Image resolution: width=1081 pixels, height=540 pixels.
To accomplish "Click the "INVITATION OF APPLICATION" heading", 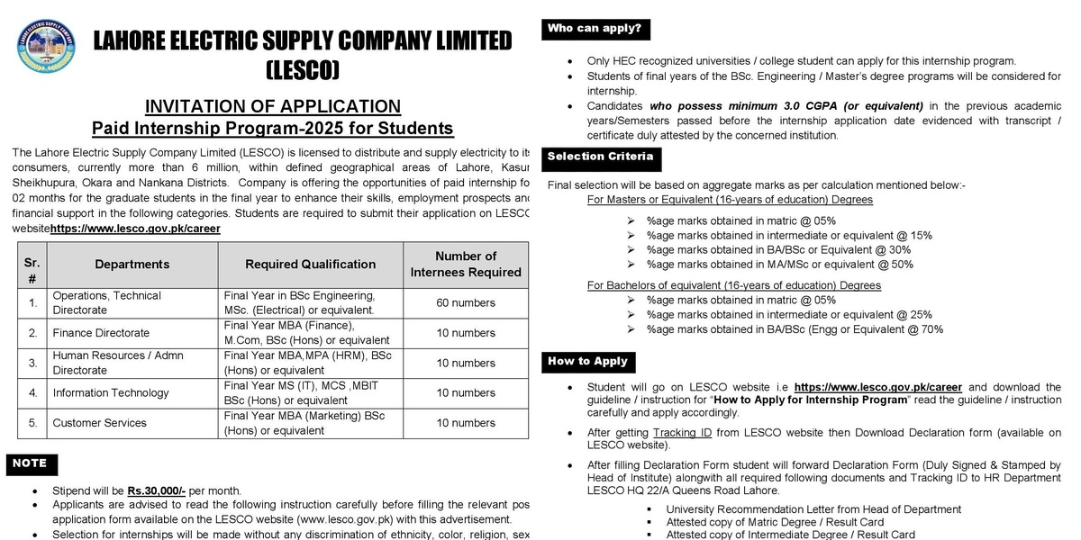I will (273, 106).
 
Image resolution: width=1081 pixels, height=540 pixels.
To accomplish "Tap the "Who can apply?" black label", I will (595, 29).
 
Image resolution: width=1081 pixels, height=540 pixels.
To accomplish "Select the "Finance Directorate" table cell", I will (101, 333).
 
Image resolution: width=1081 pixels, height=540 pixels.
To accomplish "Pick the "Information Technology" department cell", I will (111, 392).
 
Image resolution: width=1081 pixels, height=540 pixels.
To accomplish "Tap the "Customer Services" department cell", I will (99, 422).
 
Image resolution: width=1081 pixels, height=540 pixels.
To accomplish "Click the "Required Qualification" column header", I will (310, 264).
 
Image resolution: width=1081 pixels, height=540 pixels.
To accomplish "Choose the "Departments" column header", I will (132, 264).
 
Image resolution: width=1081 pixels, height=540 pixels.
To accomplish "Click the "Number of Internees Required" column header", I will (466, 264).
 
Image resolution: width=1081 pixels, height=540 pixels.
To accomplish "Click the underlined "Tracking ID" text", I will (682, 432).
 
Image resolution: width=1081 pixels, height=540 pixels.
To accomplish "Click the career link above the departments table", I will (135, 229).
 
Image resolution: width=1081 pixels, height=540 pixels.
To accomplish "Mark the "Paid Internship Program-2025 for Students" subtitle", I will (273, 128).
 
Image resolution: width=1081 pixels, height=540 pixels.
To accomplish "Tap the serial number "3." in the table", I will (32, 363).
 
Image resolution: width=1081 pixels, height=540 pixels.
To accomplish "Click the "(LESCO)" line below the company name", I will (303, 69).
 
